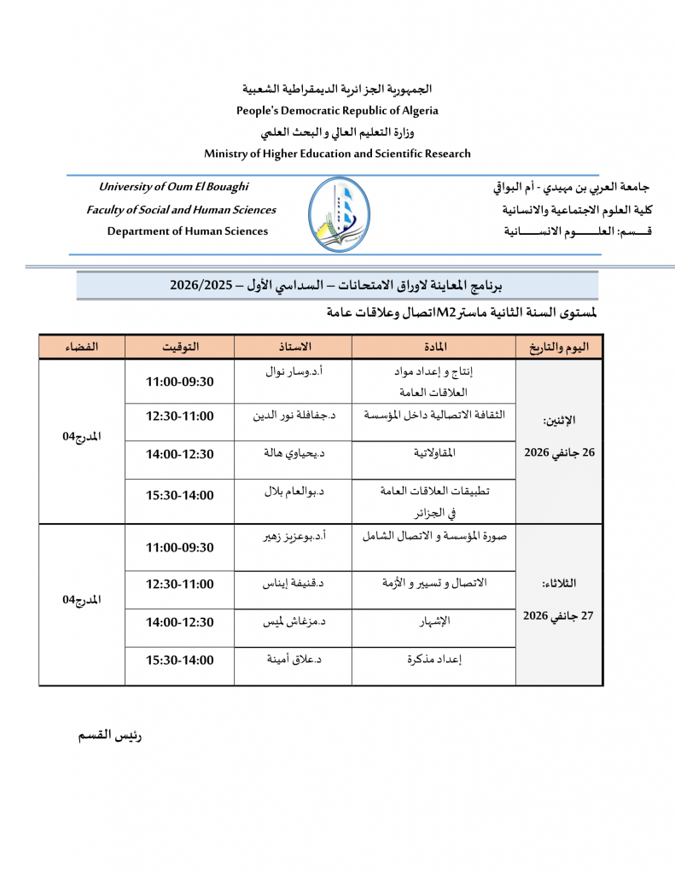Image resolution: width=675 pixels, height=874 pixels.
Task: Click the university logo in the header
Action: (339, 214)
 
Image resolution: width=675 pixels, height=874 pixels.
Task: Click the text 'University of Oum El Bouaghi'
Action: (174, 187)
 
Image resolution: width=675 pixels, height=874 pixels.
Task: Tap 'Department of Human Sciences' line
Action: (187, 231)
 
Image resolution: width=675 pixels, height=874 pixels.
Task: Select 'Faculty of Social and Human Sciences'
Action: (181, 210)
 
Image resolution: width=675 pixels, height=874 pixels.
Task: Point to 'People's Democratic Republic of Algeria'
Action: (337, 110)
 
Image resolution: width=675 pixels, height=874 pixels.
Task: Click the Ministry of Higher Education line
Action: (337, 154)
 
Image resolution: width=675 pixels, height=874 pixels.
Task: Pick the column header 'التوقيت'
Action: (179, 347)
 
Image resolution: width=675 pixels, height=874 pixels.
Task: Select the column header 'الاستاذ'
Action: (293, 347)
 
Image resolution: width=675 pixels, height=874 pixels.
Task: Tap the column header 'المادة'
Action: (434, 347)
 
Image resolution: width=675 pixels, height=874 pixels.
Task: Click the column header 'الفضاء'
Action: (81, 347)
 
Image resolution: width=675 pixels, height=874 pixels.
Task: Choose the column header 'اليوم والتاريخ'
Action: (559, 347)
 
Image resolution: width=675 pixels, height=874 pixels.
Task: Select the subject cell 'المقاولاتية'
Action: (434, 453)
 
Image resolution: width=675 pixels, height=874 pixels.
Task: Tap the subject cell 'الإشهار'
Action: (434, 621)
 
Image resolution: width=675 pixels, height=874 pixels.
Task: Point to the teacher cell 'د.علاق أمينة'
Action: (293, 659)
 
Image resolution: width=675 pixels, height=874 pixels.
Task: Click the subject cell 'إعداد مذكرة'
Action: (434, 659)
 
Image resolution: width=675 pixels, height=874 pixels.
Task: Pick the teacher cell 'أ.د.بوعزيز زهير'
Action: (293, 537)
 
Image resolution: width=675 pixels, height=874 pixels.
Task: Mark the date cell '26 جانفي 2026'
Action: (559, 452)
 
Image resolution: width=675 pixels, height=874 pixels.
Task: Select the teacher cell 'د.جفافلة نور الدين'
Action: (293, 416)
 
